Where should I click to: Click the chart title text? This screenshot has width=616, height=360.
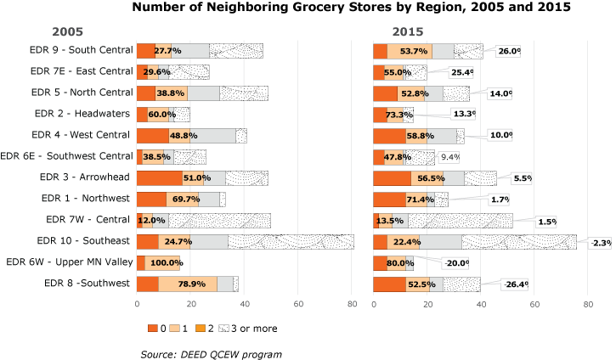tap(351, 8)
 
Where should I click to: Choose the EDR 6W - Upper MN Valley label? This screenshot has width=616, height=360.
tap(75, 262)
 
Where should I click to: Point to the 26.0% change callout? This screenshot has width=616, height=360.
tap(509, 51)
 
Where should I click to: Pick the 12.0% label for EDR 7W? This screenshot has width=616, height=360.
tap(150, 220)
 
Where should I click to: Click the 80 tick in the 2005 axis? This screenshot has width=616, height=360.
tap(353, 303)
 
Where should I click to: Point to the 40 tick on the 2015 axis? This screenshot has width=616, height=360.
tap(482, 303)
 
